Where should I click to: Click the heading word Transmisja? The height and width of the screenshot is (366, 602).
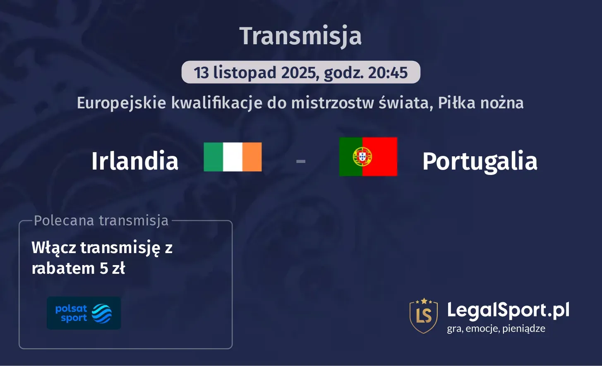click(300, 36)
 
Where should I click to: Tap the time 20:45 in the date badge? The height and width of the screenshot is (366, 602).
click(388, 73)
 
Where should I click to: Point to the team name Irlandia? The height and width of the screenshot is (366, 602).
click(135, 161)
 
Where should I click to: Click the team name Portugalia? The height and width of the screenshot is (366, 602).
click(480, 161)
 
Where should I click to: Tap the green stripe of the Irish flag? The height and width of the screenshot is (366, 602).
click(213, 157)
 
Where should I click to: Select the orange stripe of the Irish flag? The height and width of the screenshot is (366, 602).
click(252, 157)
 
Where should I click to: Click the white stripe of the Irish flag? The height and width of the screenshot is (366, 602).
click(233, 157)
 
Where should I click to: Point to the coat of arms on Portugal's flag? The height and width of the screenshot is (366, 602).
click(362, 157)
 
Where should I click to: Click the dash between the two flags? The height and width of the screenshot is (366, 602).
click(301, 160)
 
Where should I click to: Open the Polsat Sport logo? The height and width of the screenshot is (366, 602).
click(84, 313)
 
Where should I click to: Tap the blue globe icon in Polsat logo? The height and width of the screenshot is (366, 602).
click(102, 313)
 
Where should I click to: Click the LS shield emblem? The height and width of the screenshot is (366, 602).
click(423, 316)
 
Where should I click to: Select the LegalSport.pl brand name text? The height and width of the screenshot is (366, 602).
click(508, 310)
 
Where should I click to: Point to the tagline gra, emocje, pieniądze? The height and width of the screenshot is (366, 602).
click(496, 329)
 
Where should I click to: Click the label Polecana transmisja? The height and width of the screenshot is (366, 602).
click(101, 220)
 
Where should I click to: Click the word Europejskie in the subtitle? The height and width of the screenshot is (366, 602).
click(122, 103)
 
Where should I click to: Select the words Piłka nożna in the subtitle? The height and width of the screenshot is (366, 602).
click(481, 103)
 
